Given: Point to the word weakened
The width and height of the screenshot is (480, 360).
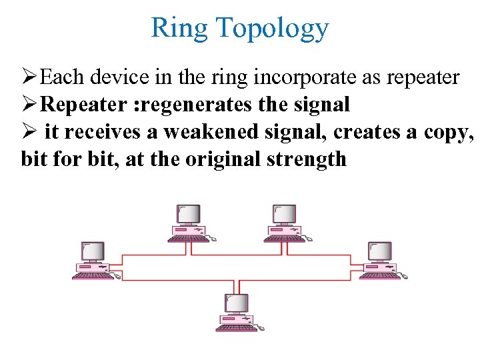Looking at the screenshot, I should (209, 132).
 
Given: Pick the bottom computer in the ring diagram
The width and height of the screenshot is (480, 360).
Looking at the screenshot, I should (237, 312).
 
